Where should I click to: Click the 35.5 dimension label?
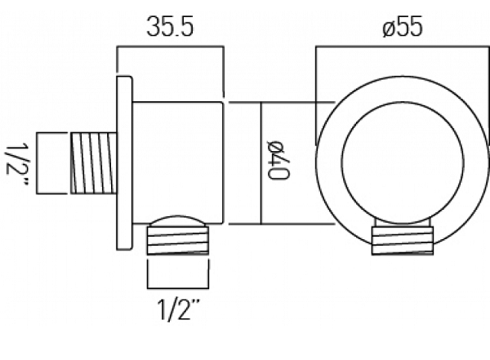pyautogui.click(x=170, y=26)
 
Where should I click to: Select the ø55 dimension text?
pyautogui.click(x=403, y=26)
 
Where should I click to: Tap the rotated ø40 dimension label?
pyautogui.click(x=278, y=160)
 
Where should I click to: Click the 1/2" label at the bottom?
pyautogui.click(x=178, y=309)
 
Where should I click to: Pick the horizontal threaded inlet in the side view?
pyautogui.click(x=94, y=163)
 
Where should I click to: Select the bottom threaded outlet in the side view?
pyautogui.click(x=178, y=240)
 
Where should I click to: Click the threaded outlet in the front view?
pyautogui.click(x=402, y=240)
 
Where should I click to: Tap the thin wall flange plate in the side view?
pyautogui.click(x=124, y=162)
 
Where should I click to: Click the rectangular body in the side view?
pyautogui.click(x=177, y=162)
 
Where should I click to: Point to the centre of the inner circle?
pyautogui.click(x=403, y=162)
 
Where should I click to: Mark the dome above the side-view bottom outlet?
pyautogui.click(x=177, y=220)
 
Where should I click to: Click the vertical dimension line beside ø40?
pyautogui.click(x=261, y=162)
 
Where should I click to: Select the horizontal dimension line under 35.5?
pyautogui.click(x=170, y=47)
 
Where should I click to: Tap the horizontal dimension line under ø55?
pyautogui.click(x=403, y=47)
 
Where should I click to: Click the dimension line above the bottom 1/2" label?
pyautogui.click(x=178, y=288)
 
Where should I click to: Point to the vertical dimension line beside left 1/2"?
pyautogui.click(x=37, y=163)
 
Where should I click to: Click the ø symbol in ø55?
pyautogui.click(x=389, y=28)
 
